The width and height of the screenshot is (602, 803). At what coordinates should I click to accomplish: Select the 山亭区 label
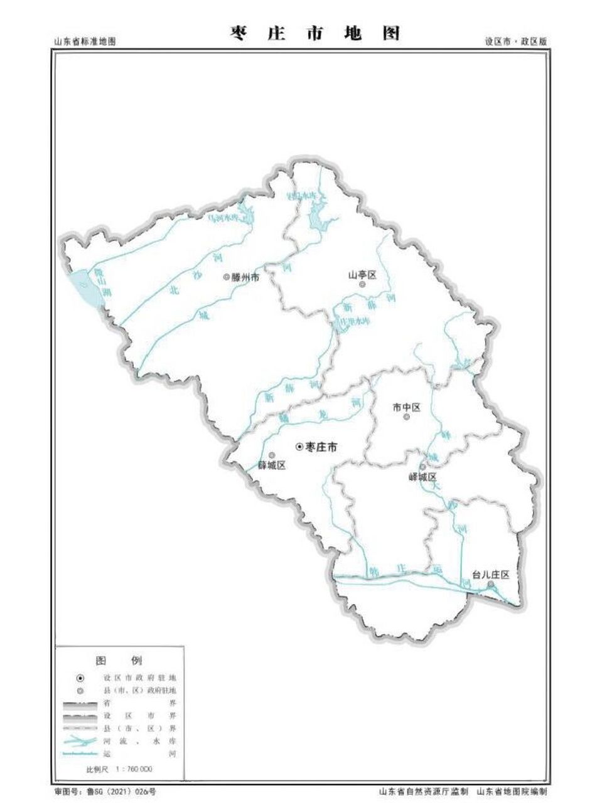(x=362, y=275)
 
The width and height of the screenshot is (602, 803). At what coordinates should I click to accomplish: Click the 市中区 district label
(x=406, y=407)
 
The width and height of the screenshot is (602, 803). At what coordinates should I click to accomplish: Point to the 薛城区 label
(x=272, y=465)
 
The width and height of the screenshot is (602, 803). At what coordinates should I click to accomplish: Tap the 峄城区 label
(x=422, y=477)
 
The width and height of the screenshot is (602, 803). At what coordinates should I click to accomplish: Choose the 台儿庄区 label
(x=490, y=575)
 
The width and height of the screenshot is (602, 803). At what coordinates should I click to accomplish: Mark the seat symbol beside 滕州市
(x=227, y=277)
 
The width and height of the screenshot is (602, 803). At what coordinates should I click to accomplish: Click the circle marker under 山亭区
(x=362, y=285)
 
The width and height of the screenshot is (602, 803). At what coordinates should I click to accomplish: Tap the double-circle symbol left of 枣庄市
(x=299, y=447)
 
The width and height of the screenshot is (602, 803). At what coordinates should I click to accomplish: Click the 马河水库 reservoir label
(x=224, y=219)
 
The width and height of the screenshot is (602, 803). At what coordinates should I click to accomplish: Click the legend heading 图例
(x=119, y=661)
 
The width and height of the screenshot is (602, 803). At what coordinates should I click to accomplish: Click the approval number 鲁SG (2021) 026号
(x=114, y=792)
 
